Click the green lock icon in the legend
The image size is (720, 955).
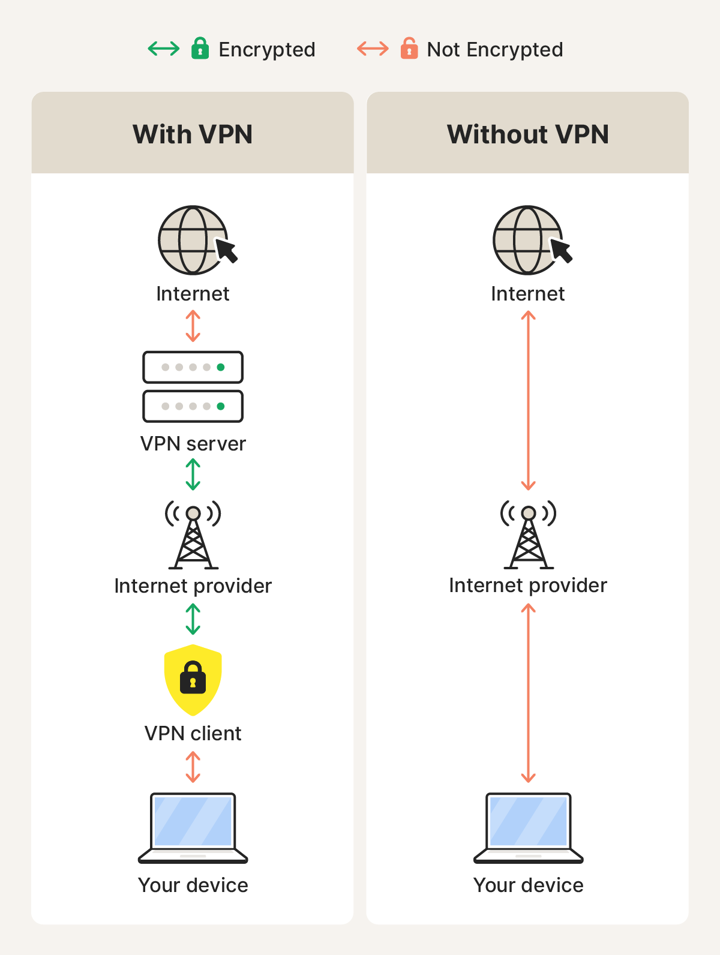pyautogui.click(x=200, y=49)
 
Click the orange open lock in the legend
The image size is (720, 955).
pyautogui.click(x=409, y=49)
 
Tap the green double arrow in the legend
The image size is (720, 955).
pyautogui.click(x=164, y=49)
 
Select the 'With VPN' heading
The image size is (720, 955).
pyautogui.click(x=193, y=134)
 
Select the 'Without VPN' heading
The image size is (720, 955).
pyautogui.click(x=527, y=134)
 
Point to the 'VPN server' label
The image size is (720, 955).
pyautogui.click(x=193, y=444)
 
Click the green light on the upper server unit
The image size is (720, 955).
pyautogui.click(x=221, y=367)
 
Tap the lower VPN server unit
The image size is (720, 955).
pyautogui.click(x=193, y=406)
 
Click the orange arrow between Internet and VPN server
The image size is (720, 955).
pyautogui.click(x=193, y=326)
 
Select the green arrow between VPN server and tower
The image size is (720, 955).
pyautogui.click(x=193, y=475)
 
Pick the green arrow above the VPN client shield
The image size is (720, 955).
pyautogui.click(x=193, y=619)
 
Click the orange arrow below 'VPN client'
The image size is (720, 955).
pyautogui.click(x=193, y=767)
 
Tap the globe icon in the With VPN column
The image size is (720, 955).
pyautogui.click(x=191, y=240)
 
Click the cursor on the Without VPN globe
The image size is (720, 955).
pyautogui.click(x=562, y=250)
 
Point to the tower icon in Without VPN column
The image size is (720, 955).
pyautogui.click(x=528, y=536)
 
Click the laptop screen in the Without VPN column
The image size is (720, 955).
pyautogui.click(x=528, y=820)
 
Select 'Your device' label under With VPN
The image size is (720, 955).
pyautogui.click(x=193, y=885)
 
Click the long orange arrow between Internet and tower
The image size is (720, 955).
pyautogui.click(x=528, y=400)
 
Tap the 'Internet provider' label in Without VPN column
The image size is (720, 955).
pyautogui.click(x=527, y=585)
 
